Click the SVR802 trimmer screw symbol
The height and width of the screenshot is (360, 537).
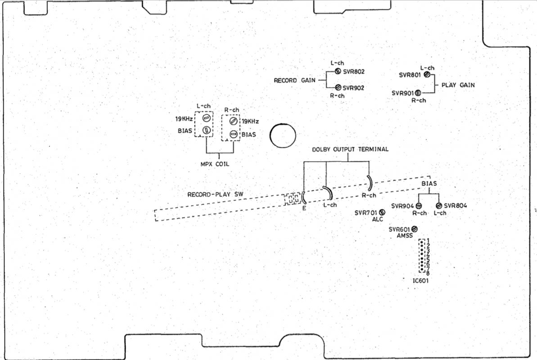point(337,71)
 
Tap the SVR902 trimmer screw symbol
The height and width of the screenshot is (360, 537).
point(337,88)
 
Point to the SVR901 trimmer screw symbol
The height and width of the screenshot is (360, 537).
point(418,93)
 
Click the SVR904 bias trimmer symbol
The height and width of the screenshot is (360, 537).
point(419,206)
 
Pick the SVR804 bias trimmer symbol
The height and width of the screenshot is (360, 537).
point(438,206)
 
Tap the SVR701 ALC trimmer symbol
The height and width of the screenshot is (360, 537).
point(382,212)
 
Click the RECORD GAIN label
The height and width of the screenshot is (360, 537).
point(292,81)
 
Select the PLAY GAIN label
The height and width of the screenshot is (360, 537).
point(458,85)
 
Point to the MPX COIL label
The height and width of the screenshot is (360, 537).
point(215,164)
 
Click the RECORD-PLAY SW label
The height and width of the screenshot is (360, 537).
point(212,195)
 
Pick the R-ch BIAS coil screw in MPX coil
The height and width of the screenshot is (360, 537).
point(233,134)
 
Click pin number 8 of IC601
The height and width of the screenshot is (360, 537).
point(428,274)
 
